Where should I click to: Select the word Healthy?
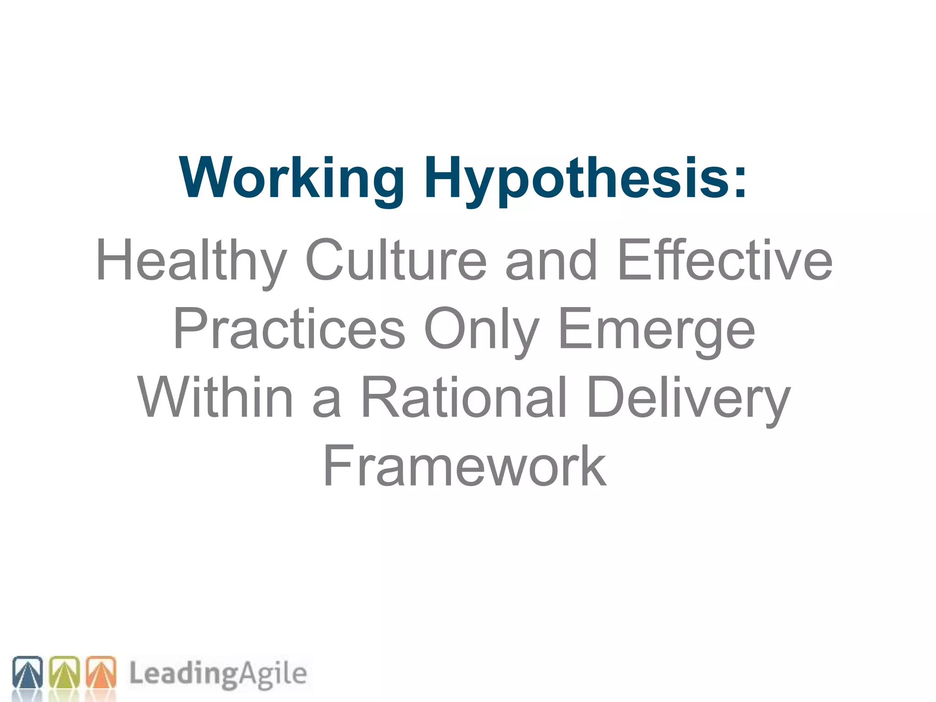coord(191,261)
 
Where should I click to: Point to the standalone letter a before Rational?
coord(326,402)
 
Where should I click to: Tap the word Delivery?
coord(689,398)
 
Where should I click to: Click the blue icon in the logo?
coord(27,672)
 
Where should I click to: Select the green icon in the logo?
coord(64,672)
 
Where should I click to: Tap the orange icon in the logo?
coord(101,672)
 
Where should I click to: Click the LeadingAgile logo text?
coord(218,674)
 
